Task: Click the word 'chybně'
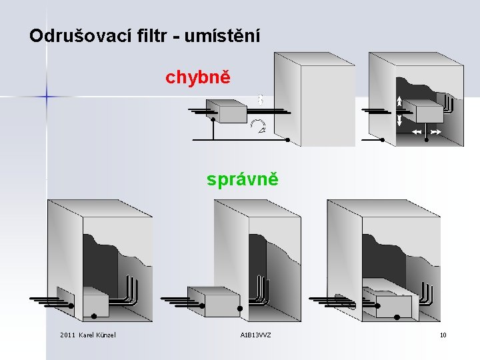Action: pos(198,77)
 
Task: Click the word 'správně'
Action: pos(242,179)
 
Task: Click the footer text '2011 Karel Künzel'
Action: pos(87,335)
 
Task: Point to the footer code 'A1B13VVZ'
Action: pos(255,335)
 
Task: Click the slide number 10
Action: pos(443,335)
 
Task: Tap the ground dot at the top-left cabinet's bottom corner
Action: pos(287,140)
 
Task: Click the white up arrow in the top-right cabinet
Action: pos(399,101)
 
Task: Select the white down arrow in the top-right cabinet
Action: pos(399,121)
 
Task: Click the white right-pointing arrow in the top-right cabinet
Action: pos(435,133)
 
